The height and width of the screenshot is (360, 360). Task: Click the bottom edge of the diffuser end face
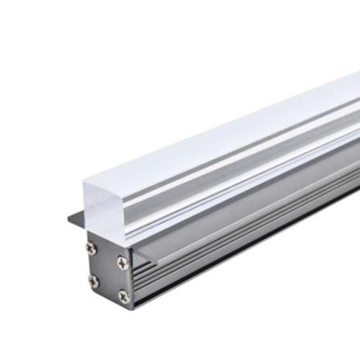108,238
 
